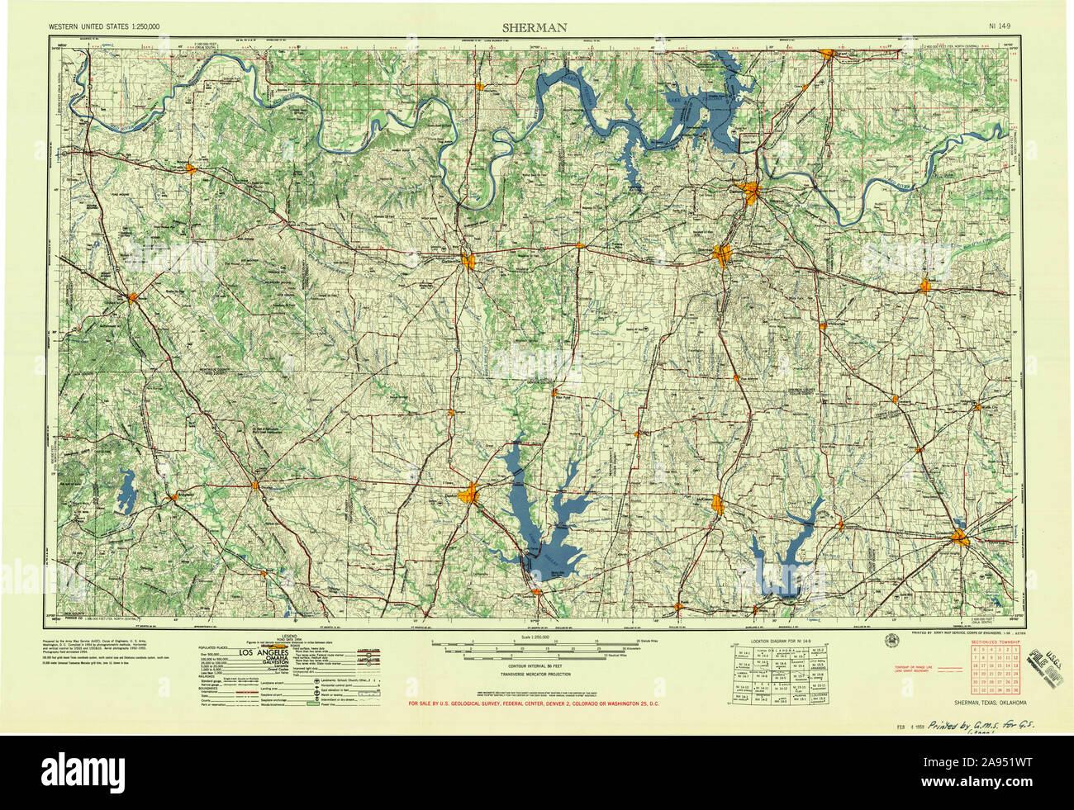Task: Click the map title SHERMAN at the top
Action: [x=535, y=27]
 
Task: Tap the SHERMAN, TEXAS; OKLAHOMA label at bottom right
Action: [x=989, y=703]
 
